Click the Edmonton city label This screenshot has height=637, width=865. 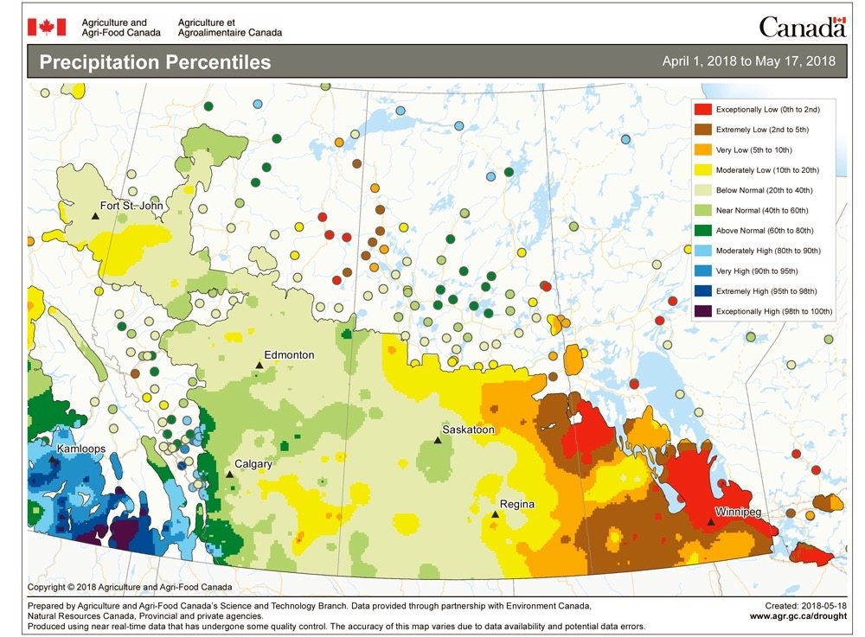pyautogui.click(x=290, y=355)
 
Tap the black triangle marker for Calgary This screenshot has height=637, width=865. pyautogui.click(x=229, y=474)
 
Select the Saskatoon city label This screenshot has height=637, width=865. pyautogui.click(x=468, y=430)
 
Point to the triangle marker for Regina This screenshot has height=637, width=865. pyautogui.click(x=495, y=514)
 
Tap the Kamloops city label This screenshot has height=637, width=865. pyautogui.click(x=82, y=450)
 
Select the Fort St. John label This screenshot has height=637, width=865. pyautogui.click(x=132, y=206)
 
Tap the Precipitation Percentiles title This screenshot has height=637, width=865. pyautogui.click(x=155, y=62)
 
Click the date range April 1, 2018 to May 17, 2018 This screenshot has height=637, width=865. pyautogui.click(x=748, y=61)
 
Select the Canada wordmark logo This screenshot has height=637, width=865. pyautogui.click(x=802, y=27)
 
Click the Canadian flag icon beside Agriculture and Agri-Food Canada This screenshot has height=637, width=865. pyautogui.click(x=46, y=27)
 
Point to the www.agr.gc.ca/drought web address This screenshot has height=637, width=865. pyautogui.click(x=798, y=617)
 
